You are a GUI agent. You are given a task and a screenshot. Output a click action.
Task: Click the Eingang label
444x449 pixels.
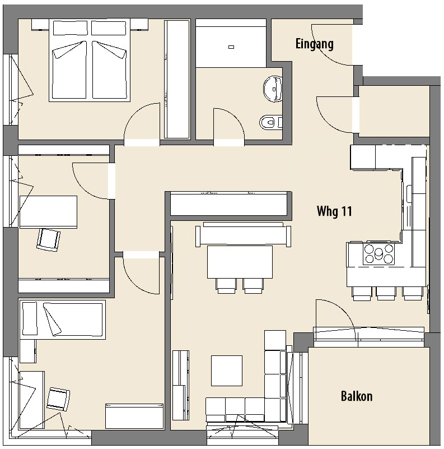click(x=315, y=44)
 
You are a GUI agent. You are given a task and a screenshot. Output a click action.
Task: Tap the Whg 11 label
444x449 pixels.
click(x=334, y=211)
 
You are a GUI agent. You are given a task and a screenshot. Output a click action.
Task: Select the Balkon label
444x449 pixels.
click(x=357, y=396)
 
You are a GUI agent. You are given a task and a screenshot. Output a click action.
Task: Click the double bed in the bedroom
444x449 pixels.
click(x=90, y=60)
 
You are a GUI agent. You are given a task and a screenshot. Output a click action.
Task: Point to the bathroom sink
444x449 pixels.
click(x=273, y=89)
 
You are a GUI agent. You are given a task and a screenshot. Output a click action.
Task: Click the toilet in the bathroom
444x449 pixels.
click(x=271, y=123)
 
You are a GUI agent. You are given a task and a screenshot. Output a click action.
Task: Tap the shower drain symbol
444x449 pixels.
click(x=231, y=47)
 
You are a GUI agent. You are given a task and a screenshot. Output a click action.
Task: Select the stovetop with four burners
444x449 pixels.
click(x=378, y=253)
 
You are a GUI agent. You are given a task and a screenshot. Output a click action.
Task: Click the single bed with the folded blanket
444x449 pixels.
click(x=62, y=320)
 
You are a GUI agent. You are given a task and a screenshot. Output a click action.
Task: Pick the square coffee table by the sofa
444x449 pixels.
click(x=227, y=371)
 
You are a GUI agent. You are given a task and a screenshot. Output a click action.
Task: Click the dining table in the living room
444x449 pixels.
click(x=240, y=262)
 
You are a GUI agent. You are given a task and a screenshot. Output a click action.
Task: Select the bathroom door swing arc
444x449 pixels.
click(x=236, y=118)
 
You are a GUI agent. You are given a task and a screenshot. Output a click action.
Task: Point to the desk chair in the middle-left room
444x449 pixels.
click(x=48, y=240)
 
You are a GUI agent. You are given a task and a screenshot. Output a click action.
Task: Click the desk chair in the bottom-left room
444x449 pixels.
click(x=58, y=399)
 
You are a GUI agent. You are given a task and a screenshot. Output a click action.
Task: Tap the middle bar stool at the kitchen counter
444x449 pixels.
click(x=386, y=293)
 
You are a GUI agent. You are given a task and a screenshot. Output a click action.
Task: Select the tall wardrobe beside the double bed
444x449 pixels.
click(x=177, y=79)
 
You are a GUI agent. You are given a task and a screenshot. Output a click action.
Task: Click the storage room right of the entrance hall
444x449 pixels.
click(x=394, y=111)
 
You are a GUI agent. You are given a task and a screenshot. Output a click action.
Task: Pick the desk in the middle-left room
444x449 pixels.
click(x=48, y=212)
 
